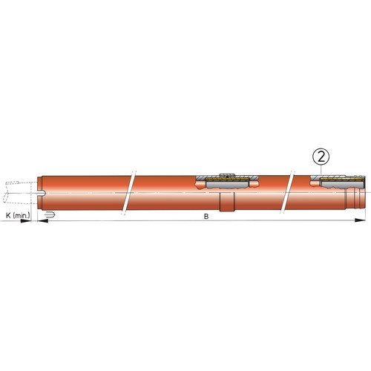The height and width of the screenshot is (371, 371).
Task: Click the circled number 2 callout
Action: click(x=321, y=157)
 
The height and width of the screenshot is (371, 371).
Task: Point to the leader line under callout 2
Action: click(x=321, y=170)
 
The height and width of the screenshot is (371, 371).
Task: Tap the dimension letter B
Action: click(x=206, y=217)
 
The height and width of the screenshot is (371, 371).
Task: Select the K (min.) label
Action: click(x=18, y=215)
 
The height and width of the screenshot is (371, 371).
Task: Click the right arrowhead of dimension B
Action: click(x=360, y=220)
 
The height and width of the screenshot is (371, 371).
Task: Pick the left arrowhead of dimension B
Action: click(x=42, y=220)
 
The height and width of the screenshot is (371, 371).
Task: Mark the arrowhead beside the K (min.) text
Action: click(x=25, y=220)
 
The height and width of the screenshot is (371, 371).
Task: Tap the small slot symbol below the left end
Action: click(x=49, y=214)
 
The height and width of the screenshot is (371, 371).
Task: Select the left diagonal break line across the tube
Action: click(x=128, y=192)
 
